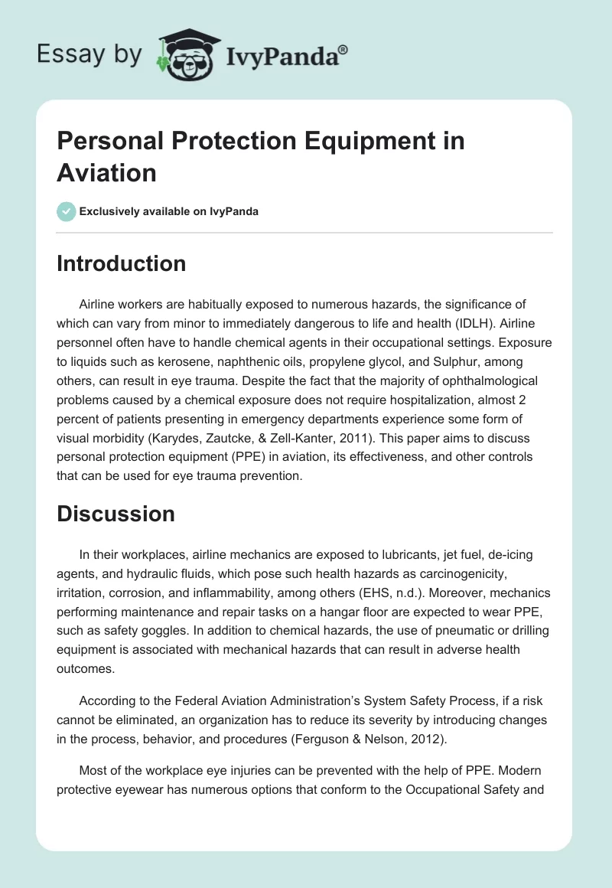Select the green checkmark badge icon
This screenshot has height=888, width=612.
[x=67, y=211]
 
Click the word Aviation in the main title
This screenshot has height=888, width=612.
[x=106, y=172]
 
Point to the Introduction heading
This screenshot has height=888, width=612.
[x=121, y=263]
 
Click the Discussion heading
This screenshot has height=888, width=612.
[x=116, y=514]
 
